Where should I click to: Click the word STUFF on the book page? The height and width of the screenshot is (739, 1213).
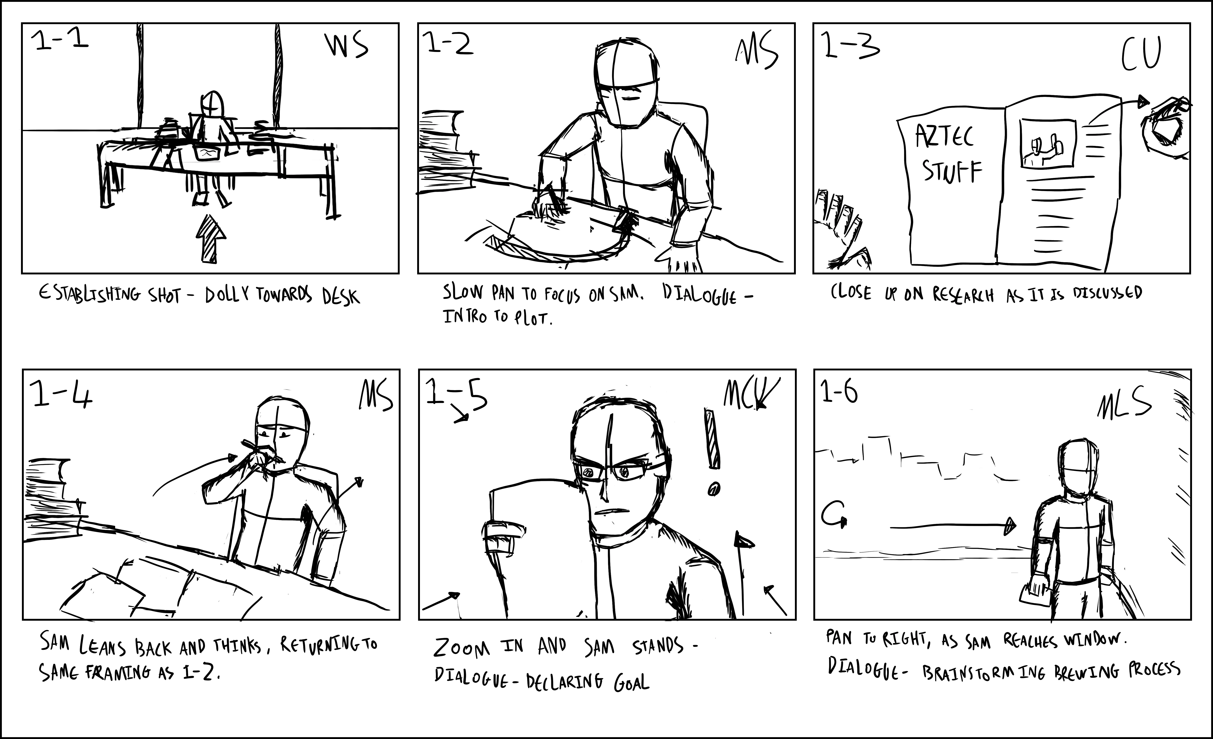(952, 172)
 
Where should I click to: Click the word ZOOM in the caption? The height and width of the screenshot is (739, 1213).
(462, 648)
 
